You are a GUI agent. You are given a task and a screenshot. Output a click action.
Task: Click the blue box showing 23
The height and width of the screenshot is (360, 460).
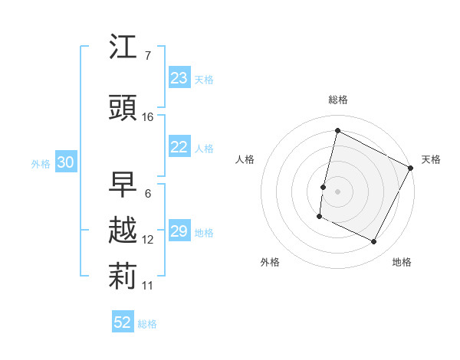179,78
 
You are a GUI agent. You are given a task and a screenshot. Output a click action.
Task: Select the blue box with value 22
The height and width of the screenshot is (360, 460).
179,148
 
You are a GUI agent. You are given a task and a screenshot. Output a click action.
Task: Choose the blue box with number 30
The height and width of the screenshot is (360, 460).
65,162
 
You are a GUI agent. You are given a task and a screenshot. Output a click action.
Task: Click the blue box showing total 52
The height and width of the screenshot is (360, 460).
123,322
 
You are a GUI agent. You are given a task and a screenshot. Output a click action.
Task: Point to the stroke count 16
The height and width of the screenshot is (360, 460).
148,116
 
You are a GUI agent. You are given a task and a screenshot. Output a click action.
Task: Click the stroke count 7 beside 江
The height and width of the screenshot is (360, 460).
147,55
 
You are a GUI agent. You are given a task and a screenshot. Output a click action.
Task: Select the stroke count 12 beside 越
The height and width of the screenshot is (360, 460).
148,240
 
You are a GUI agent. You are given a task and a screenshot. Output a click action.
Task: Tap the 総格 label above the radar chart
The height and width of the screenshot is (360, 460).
338,100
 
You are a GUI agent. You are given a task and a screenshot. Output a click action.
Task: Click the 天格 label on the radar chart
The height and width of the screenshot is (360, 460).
431,159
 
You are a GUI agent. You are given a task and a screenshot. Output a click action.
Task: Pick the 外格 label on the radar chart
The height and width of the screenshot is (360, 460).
270,262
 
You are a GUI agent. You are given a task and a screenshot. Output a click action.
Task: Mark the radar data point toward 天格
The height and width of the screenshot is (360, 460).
411,167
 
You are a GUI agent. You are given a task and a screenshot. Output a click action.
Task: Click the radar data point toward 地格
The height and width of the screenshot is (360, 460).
374,242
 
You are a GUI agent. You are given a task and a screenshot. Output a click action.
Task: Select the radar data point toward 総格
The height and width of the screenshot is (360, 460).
337,130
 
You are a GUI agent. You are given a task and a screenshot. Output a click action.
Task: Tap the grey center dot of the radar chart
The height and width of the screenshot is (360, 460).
337,191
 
